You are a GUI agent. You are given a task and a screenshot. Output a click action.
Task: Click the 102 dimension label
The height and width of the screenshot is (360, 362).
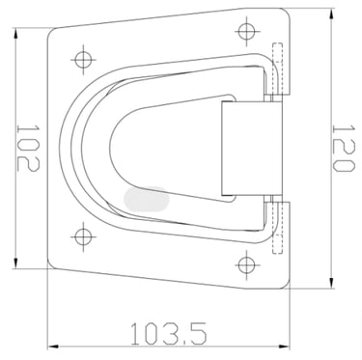click(28, 148)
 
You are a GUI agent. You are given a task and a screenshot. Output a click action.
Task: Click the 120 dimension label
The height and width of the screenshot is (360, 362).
click(344, 149)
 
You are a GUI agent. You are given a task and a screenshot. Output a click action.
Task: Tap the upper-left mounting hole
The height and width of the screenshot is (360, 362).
click(84, 60)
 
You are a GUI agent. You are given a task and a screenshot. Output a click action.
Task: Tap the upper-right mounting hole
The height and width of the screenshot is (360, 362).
click(247, 32)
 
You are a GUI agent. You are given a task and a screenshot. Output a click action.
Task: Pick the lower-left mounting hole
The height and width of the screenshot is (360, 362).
click(84, 236)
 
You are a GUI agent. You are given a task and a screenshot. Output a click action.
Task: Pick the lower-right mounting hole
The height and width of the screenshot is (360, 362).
click(247, 264)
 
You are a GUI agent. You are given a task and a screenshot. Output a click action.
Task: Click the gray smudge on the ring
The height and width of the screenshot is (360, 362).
click(147, 199)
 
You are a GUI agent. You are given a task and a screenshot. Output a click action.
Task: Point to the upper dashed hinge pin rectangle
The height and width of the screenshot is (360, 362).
click(277, 69)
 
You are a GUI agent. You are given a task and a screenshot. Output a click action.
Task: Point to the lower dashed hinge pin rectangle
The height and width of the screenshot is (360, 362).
click(277, 228)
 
